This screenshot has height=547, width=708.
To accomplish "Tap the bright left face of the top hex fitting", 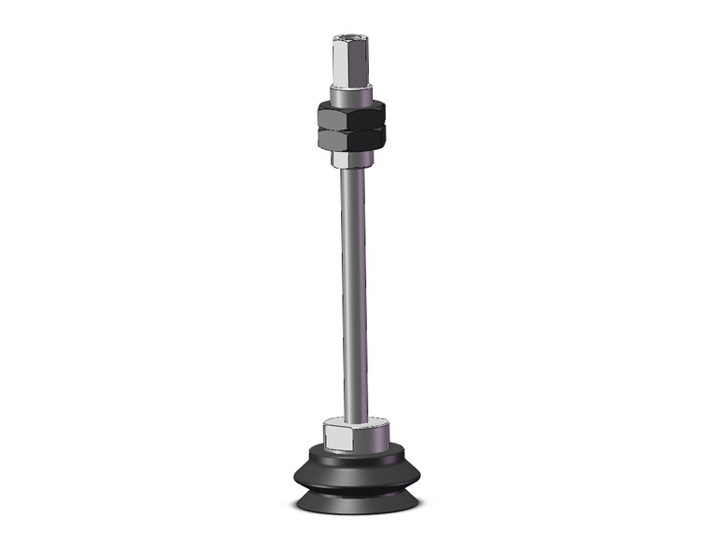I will (x=341, y=65).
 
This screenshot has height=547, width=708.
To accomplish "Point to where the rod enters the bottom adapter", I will (x=354, y=420).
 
